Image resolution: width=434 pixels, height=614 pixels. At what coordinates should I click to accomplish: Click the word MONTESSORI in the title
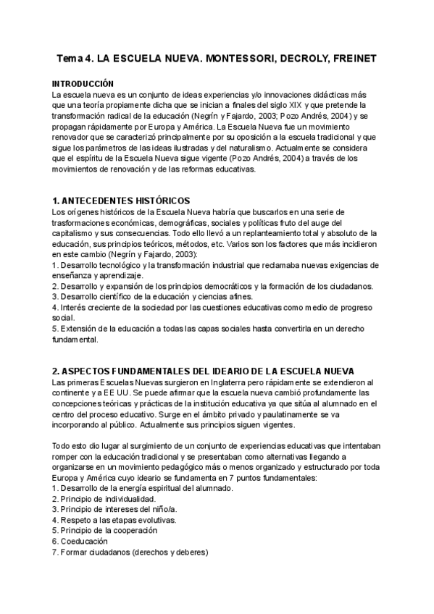[233, 58]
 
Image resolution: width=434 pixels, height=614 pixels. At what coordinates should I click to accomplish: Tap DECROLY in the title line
[300, 58]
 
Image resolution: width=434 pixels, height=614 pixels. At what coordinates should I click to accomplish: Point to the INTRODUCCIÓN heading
[83, 84]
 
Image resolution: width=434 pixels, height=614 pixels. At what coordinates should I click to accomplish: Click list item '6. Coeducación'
[80, 542]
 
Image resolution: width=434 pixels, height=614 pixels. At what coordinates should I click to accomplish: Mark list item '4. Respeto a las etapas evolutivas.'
[114, 521]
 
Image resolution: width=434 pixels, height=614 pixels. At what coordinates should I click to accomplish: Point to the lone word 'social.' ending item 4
[63, 317]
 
